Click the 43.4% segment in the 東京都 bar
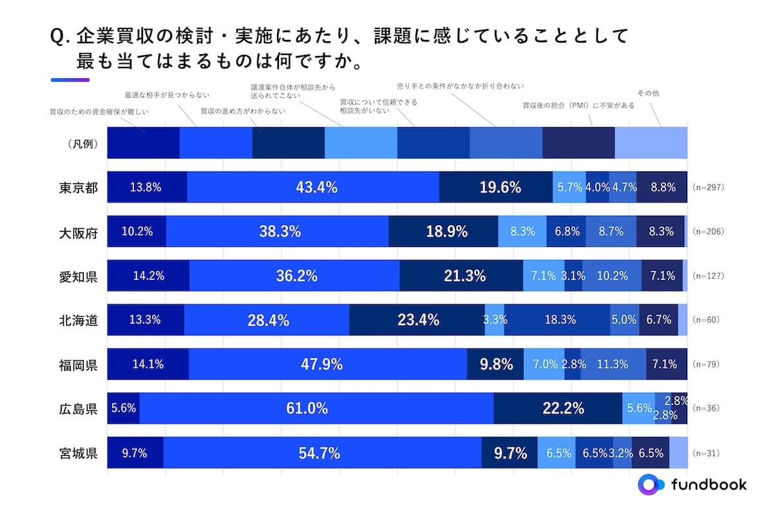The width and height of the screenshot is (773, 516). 313,187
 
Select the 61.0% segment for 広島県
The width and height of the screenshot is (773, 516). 316,408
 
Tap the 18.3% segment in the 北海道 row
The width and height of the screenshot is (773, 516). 557,320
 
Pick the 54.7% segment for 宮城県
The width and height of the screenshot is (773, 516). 322,453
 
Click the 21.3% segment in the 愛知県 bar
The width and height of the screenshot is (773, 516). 461,276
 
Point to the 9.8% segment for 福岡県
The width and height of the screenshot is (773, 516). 495,364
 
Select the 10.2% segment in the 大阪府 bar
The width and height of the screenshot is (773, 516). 137,232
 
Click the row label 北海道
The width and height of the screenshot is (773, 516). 78,320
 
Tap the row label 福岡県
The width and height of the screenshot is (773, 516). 78,364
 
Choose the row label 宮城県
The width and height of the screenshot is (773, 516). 78,453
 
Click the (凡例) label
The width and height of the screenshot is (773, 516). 82,144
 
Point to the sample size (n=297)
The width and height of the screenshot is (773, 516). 709,188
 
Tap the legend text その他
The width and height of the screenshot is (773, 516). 647,93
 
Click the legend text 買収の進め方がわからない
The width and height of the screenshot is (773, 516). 243,111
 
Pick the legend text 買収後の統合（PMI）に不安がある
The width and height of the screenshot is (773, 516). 578,104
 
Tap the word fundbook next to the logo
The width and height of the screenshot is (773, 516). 709,485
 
